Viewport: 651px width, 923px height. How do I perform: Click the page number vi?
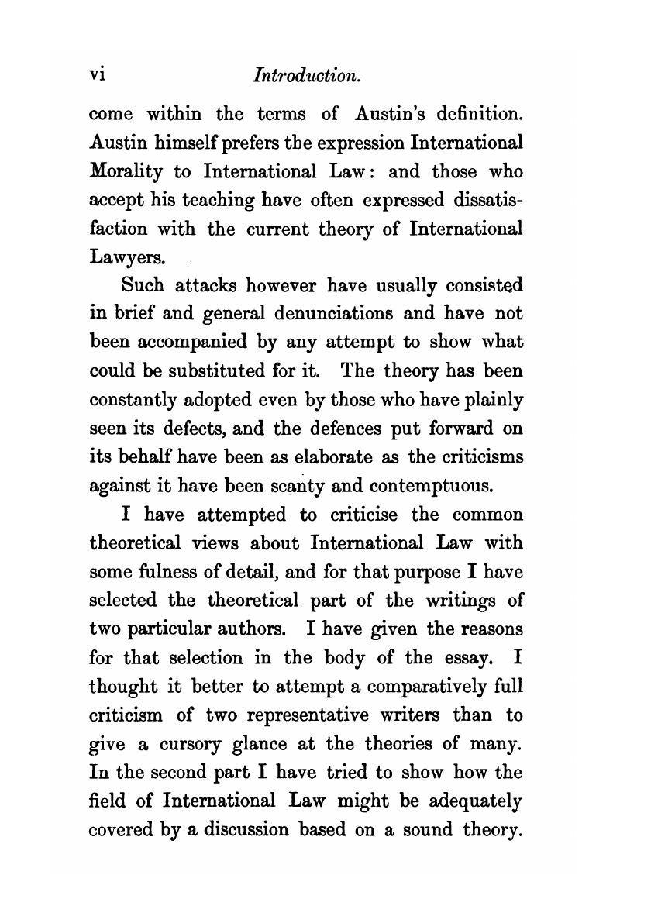point(98,76)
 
